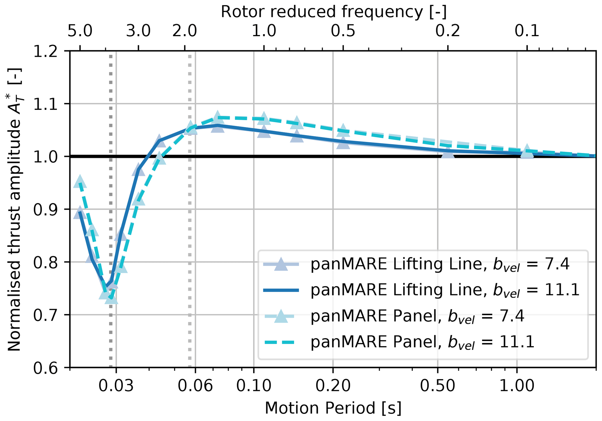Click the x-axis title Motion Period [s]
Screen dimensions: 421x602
coord(333,408)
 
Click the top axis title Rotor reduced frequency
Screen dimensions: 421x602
coord(333,12)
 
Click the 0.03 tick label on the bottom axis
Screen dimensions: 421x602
coord(116,385)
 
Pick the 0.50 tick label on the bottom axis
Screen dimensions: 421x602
coord(438,385)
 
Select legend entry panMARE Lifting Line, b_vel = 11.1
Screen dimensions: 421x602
coord(445,290)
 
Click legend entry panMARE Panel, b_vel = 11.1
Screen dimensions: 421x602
coord(422,342)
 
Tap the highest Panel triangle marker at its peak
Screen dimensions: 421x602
coord(217,117)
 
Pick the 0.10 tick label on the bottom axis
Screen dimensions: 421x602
coord(254,385)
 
